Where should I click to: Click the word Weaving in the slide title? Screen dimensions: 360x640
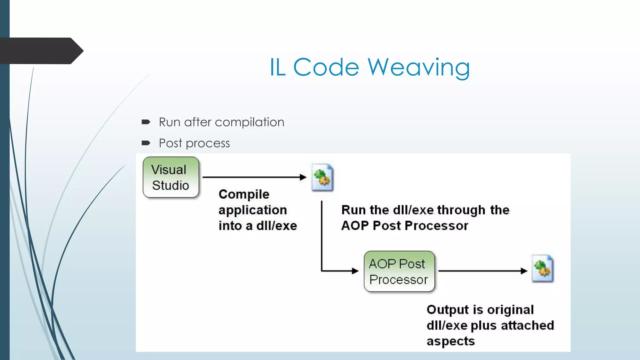418,67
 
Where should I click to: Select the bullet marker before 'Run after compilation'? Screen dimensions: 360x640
146,122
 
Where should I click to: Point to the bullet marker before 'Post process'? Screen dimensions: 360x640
146,143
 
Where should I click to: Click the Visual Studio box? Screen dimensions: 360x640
171,177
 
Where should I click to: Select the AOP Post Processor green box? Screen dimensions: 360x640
399,271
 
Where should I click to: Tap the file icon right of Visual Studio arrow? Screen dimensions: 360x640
322,177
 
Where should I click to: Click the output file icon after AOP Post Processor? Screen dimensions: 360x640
543,269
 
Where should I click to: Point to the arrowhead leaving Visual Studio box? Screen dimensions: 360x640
303,177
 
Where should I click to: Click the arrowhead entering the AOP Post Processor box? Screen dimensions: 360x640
355,271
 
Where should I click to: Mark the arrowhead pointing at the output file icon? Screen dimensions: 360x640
524,271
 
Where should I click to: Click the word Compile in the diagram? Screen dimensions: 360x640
244,194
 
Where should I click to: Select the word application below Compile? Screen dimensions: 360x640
252,210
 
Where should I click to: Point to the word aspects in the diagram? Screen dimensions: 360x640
451,341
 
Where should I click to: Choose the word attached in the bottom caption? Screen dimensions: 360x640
527,325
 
